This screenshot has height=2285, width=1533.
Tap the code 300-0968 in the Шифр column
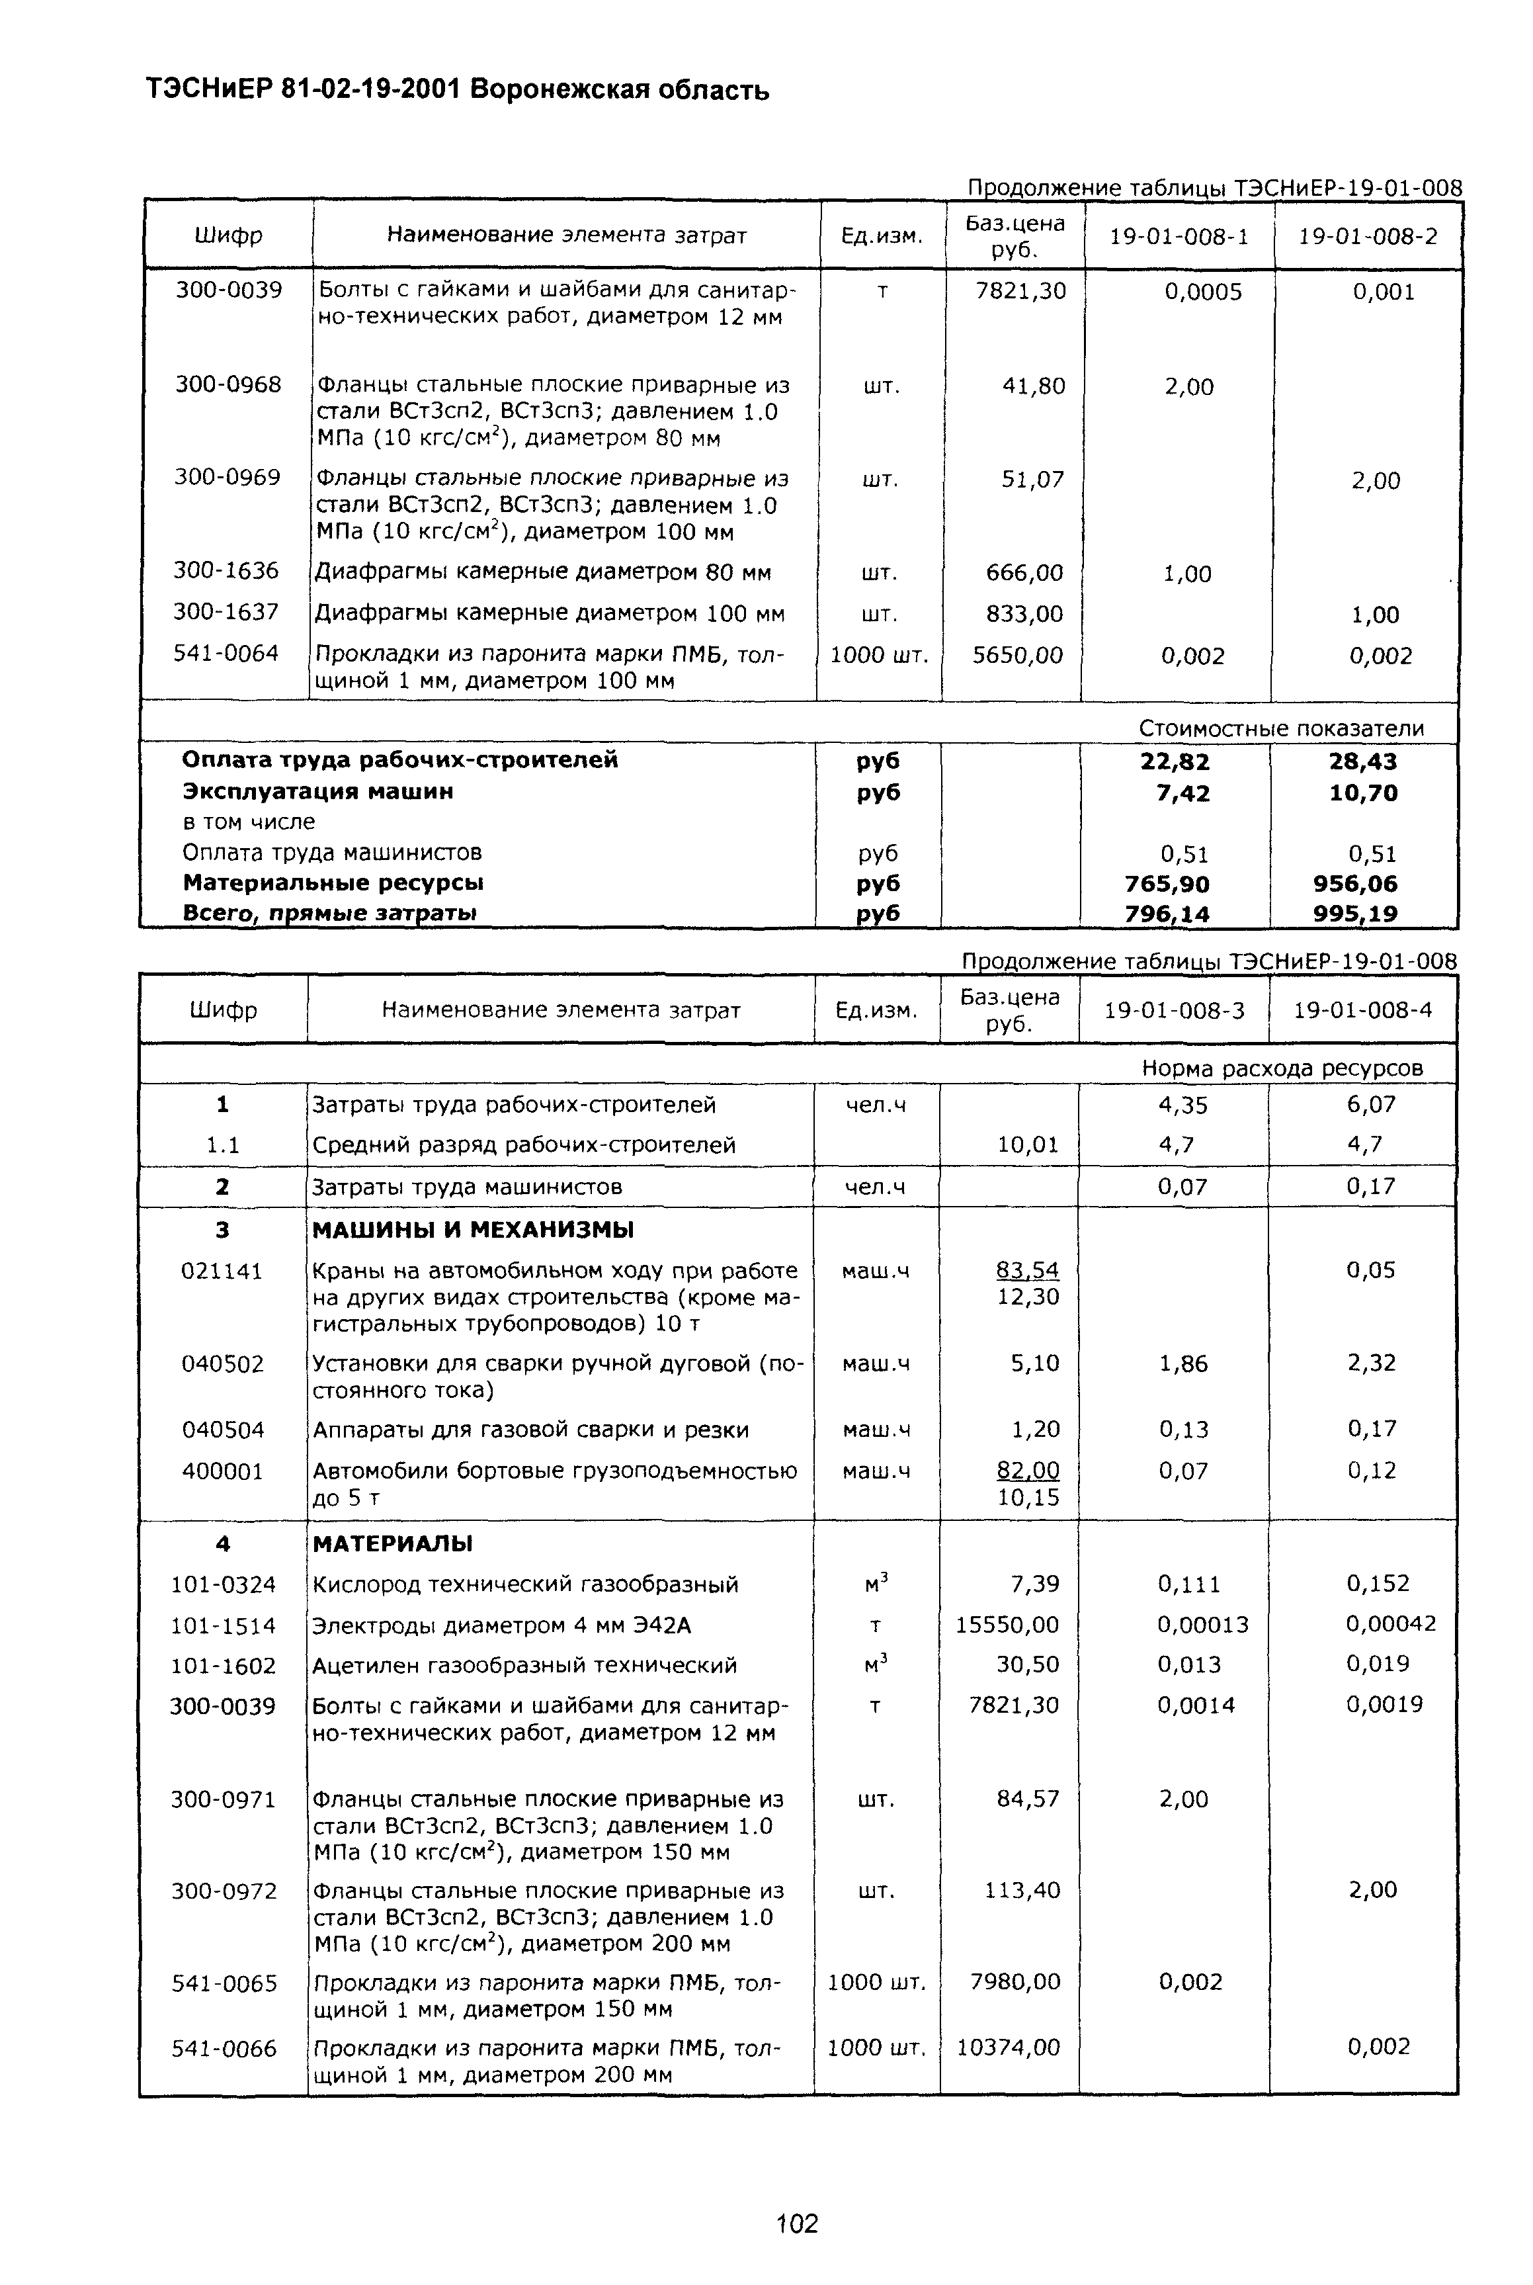click(228, 385)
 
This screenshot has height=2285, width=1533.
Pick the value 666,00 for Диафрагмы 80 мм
click(1024, 573)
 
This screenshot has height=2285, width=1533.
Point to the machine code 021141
click(222, 1271)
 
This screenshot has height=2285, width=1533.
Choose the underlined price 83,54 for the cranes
click(1028, 1270)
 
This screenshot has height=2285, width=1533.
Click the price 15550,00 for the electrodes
click(1007, 1625)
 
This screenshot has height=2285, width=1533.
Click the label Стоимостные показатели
click(1281, 728)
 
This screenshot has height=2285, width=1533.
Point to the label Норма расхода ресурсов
click(1282, 1068)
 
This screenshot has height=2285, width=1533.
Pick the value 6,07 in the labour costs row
click(1371, 1105)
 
